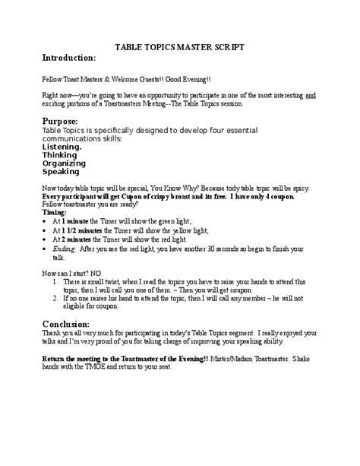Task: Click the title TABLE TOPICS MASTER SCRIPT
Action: (179, 46)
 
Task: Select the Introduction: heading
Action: (68, 58)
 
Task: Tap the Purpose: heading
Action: (62, 121)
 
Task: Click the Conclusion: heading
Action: (71, 322)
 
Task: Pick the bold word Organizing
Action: (64, 163)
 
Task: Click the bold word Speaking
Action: (60, 171)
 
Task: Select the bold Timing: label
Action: (55, 213)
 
